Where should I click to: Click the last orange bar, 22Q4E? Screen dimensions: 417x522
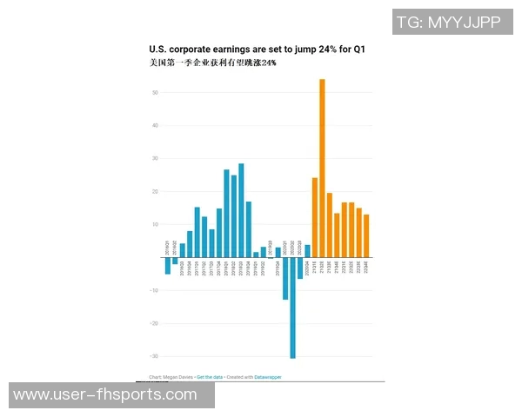tap(366, 235)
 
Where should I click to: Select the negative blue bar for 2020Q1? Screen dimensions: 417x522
tap(285, 279)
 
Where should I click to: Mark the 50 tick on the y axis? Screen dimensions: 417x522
tap(154, 92)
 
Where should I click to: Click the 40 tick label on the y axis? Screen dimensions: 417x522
tap(154, 125)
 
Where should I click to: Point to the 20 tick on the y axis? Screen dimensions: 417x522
tap(154, 191)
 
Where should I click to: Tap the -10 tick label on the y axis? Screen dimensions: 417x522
tap(153, 290)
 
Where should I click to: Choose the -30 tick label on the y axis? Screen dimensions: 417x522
tap(153, 356)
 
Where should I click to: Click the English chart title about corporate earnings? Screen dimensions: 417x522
tap(257, 50)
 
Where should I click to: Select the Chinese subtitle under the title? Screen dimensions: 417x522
tap(213, 63)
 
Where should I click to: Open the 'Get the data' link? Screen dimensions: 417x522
tap(209, 377)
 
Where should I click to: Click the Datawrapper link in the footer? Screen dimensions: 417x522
tap(267, 377)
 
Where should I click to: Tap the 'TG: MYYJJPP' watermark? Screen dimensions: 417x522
tap(449, 23)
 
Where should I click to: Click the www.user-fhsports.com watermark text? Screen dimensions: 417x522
tap(105, 395)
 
